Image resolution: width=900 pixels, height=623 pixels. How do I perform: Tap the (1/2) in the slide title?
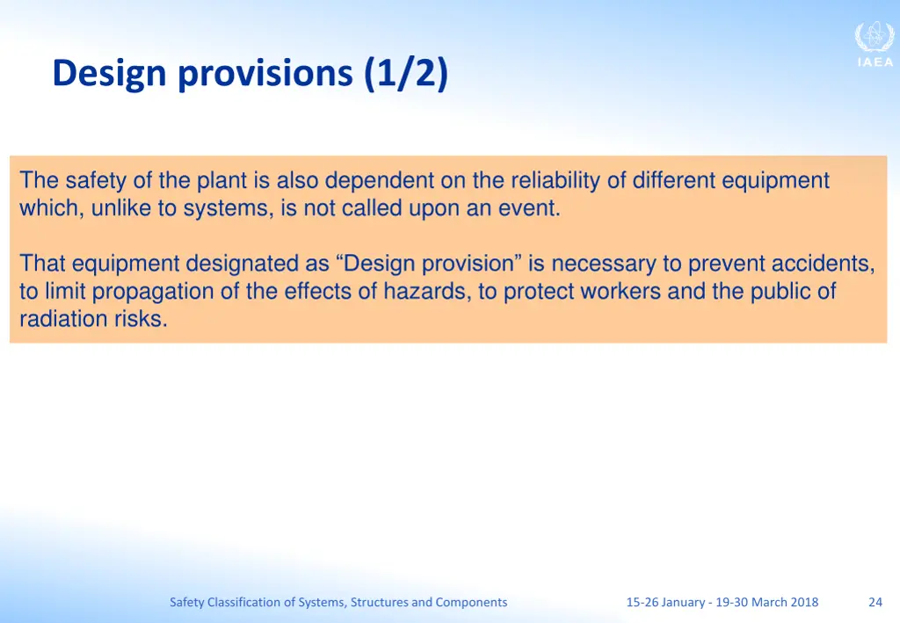[x=405, y=74]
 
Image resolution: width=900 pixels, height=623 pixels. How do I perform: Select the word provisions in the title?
[x=265, y=74]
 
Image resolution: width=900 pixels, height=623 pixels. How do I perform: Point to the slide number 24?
[x=875, y=602]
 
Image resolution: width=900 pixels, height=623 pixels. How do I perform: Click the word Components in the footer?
[x=471, y=602]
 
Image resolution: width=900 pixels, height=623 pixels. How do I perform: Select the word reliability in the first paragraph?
[x=553, y=181]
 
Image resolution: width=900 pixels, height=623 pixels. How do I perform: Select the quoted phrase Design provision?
[x=429, y=264]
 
